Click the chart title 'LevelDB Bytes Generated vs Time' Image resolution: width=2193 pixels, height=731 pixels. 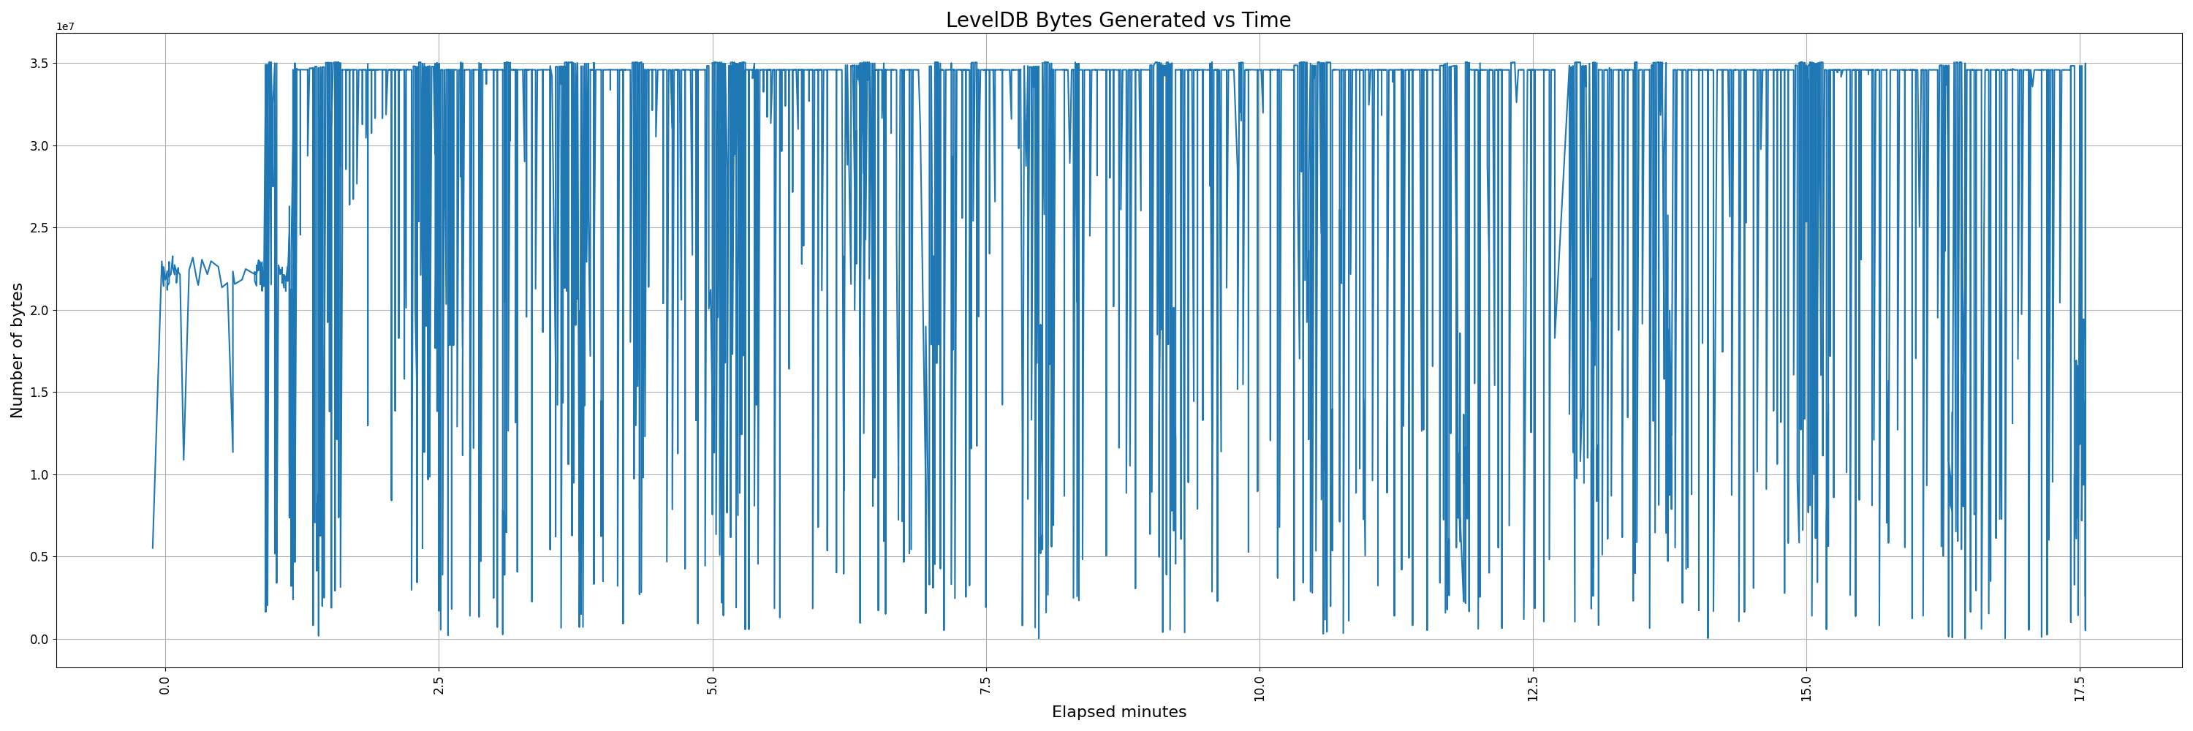[1118, 20]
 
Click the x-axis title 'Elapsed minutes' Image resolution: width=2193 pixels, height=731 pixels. [1118, 712]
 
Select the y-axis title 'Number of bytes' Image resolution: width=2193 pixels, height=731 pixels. [17, 351]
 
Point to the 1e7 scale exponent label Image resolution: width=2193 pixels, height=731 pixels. [66, 27]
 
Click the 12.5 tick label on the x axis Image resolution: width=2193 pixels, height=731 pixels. [1533, 686]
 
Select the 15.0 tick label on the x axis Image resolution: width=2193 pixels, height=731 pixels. [1806, 686]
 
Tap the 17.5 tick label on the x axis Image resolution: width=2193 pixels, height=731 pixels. [2080, 686]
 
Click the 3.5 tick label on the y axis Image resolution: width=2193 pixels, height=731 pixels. [40, 64]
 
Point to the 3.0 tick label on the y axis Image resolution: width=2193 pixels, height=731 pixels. [40, 145]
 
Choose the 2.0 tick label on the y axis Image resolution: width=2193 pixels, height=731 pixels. [40, 311]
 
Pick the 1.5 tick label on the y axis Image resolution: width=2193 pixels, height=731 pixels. [40, 393]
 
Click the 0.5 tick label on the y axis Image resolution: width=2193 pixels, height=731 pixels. [40, 558]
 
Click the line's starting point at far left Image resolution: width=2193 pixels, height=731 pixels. [152, 548]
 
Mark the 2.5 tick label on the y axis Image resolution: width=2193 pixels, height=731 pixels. [40, 228]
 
